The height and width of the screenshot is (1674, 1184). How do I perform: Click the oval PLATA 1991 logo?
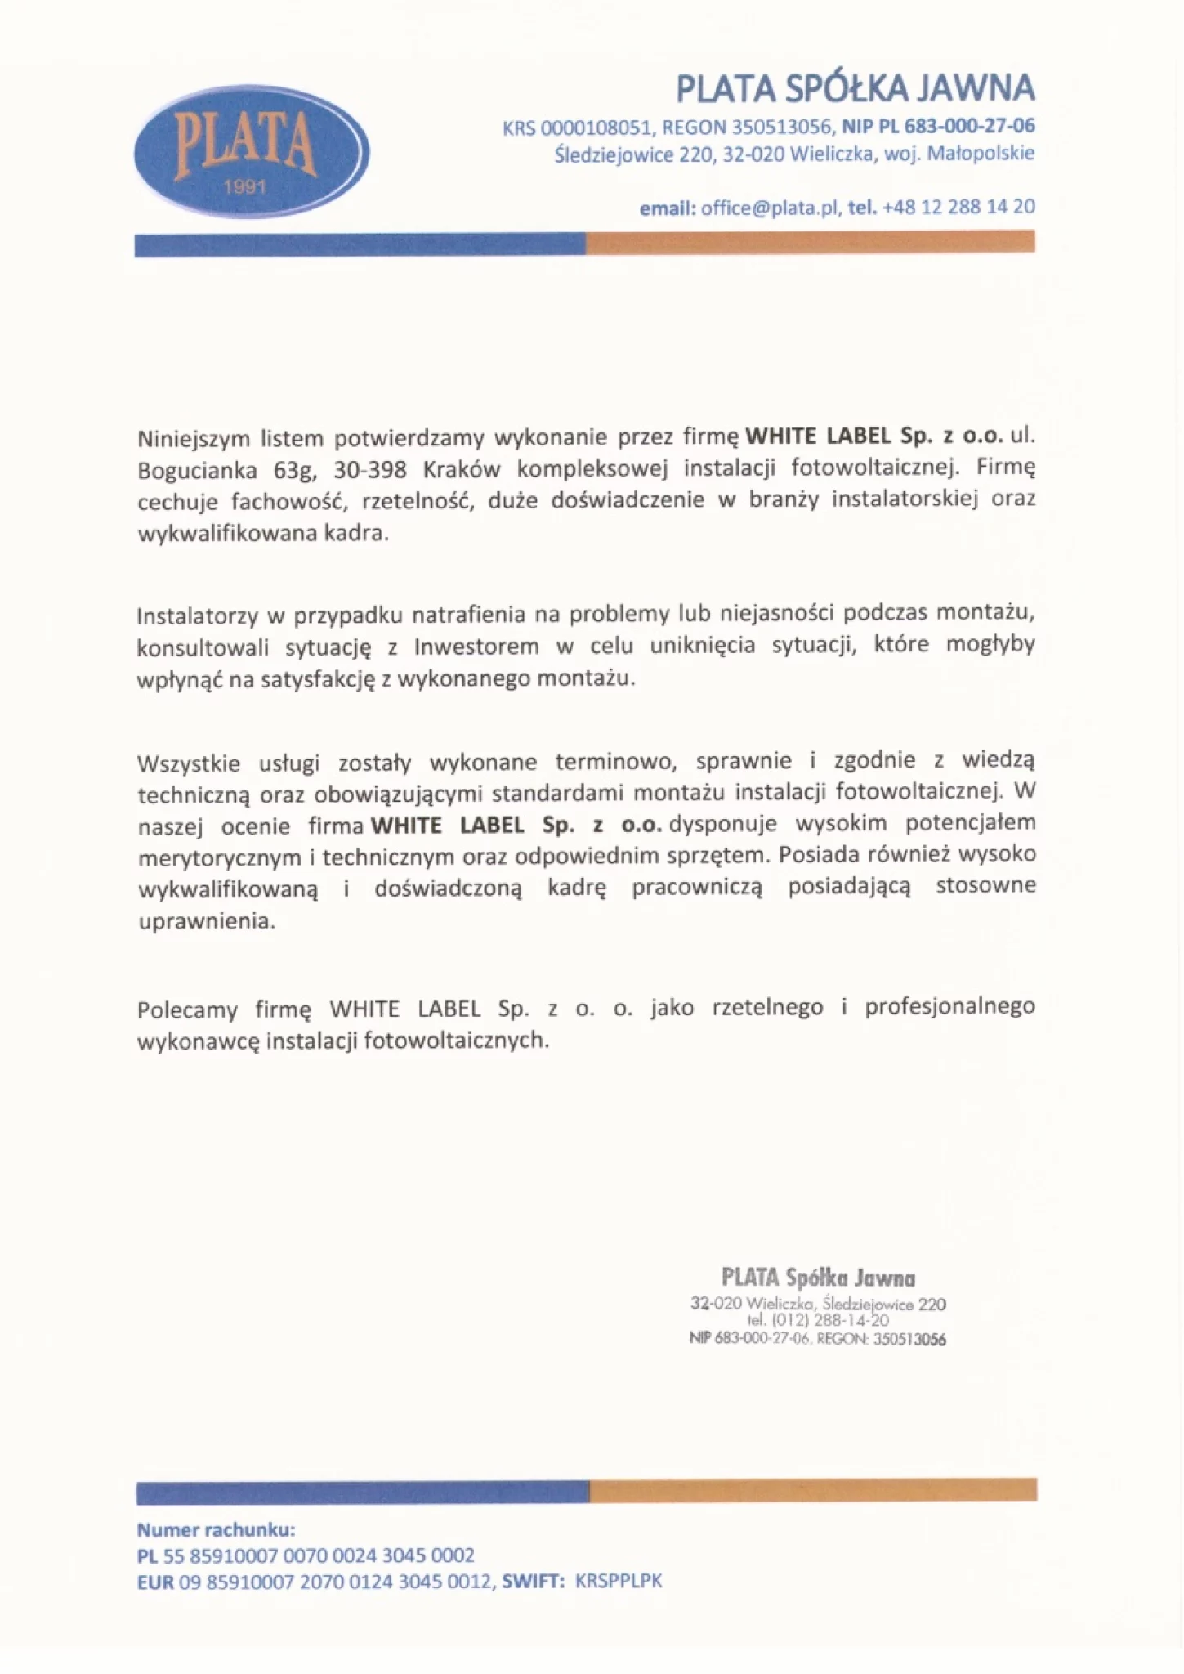[251, 152]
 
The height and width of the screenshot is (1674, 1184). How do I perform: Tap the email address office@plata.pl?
[771, 208]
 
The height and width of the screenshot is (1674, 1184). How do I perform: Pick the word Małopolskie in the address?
[981, 154]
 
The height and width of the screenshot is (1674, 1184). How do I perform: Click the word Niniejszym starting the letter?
[193, 439]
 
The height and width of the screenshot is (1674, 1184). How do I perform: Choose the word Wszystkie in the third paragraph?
[189, 764]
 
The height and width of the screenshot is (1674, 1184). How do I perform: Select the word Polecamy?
[187, 1010]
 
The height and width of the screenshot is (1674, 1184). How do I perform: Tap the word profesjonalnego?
[949, 1007]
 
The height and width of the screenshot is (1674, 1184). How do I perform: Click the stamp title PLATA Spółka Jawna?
[818, 1278]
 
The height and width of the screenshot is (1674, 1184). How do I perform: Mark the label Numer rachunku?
[216, 1530]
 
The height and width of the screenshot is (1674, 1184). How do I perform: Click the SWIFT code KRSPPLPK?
[618, 1581]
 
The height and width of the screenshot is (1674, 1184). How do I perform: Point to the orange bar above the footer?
[813, 1489]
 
